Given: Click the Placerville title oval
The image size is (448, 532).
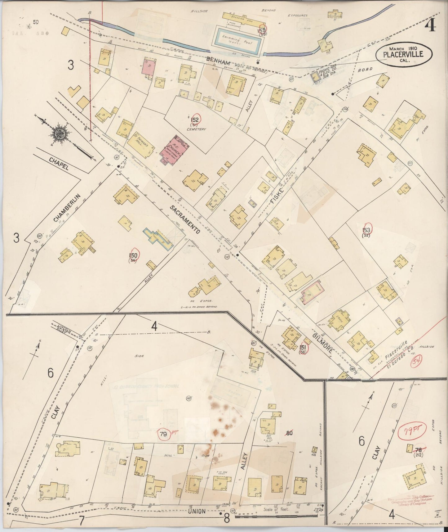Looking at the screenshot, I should click(x=403, y=54).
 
